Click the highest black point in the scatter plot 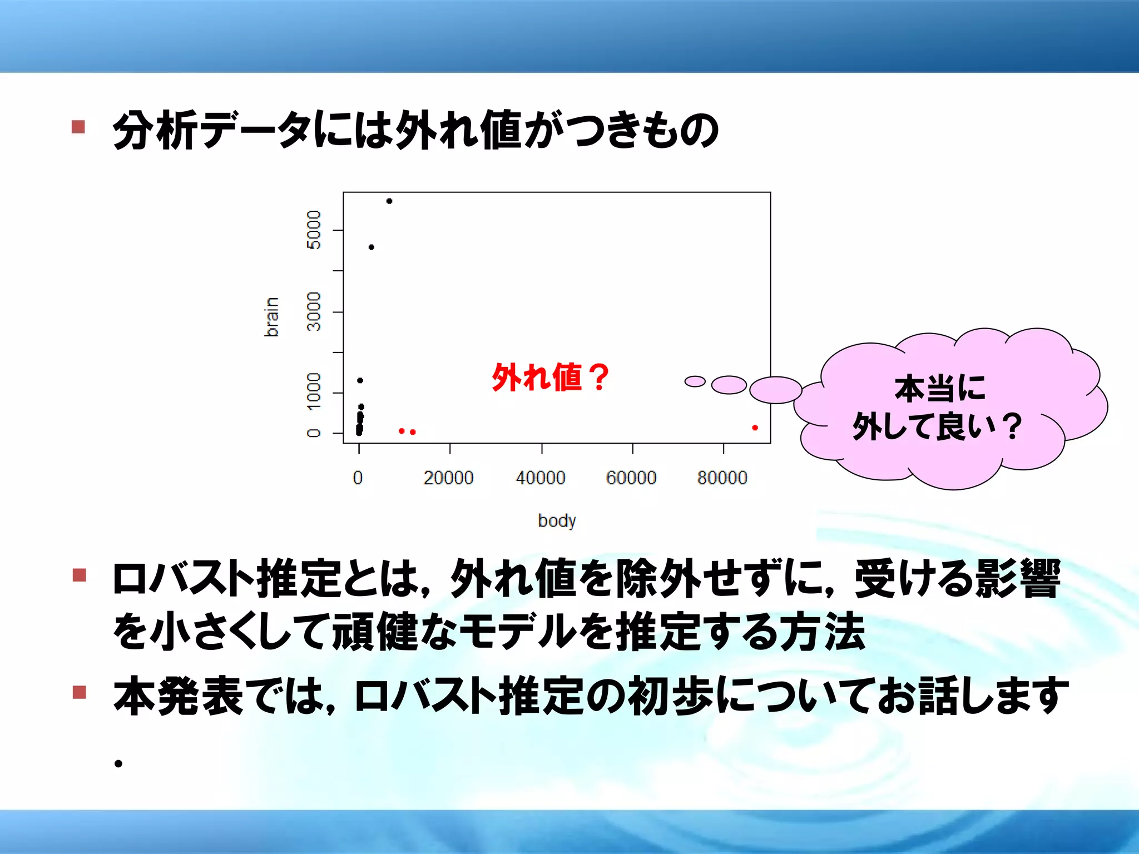coord(389,201)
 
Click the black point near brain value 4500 coord(372,247)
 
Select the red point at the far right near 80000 coord(755,428)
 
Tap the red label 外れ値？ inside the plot coord(550,378)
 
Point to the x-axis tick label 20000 coord(448,478)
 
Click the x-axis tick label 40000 coord(541,478)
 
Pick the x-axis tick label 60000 coord(631,478)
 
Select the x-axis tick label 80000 coord(722,478)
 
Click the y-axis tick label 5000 coord(314,230)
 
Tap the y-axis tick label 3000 coord(314,311)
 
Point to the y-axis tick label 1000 coord(314,392)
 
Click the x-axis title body coord(557,521)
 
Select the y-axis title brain coord(271,317)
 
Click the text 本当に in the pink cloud coord(940,388)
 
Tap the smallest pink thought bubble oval coord(695,381)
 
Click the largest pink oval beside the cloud coord(775,390)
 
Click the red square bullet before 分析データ coord(78,127)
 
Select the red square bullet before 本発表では coord(79,692)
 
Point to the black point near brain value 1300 coord(360,380)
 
